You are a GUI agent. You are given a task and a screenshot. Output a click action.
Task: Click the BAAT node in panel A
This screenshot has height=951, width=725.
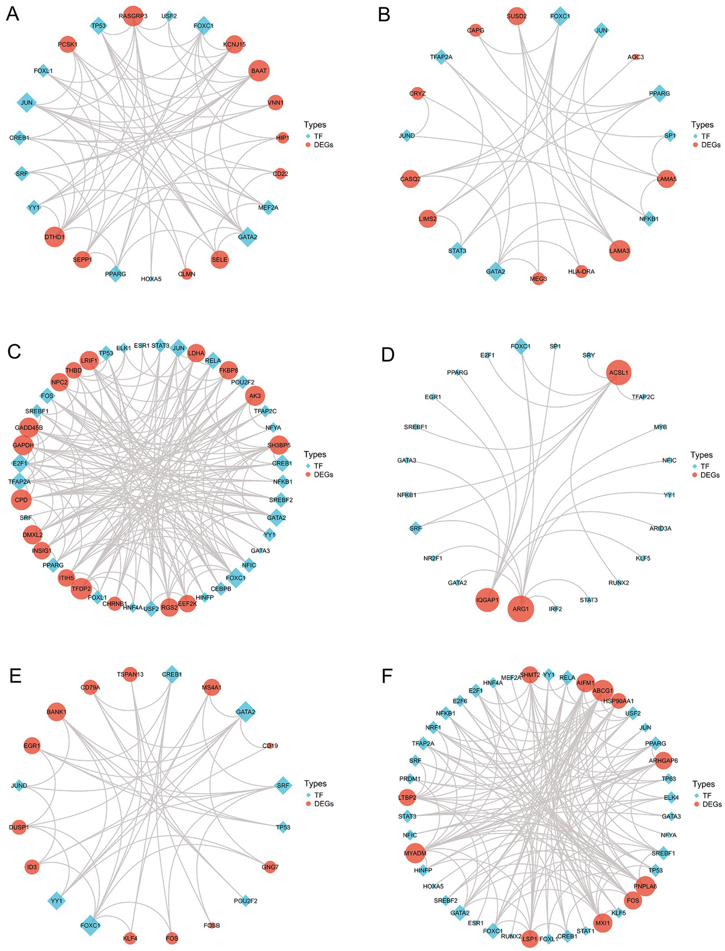[x=259, y=71]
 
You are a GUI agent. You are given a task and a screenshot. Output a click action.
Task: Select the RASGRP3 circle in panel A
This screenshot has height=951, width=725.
[x=133, y=16]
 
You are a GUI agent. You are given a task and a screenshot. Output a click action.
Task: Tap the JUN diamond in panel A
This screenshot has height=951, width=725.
[x=27, y=103]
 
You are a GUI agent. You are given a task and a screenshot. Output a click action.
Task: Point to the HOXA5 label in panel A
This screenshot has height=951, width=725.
[x=151, y=279]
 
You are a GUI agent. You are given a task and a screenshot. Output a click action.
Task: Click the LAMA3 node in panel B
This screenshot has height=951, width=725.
[x=619, y=251]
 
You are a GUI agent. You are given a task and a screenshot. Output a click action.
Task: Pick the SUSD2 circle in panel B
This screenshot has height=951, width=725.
[x=517, y=16]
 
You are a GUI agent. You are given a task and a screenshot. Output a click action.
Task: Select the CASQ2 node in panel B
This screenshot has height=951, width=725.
[x=410, y=179]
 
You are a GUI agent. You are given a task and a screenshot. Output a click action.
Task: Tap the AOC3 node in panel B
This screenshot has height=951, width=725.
[x=636, y=57]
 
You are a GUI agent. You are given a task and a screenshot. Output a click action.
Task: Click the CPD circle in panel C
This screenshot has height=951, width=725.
[x=21, y=500]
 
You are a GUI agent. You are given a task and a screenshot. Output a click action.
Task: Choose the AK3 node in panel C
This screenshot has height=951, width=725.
[x=255, y=396]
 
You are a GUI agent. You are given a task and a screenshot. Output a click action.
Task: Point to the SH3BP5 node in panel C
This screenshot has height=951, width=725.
[x=279, y=445]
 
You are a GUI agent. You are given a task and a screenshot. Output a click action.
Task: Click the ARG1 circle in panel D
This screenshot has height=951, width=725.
[x=521, y=609]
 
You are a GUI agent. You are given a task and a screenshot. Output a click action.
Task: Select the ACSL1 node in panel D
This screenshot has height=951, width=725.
[x=619, y=373]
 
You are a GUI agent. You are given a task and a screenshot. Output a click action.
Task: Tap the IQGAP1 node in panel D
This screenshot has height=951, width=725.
[x=487, y=600]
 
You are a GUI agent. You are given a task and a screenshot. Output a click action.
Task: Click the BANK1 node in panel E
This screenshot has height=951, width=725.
[x=56, y=712]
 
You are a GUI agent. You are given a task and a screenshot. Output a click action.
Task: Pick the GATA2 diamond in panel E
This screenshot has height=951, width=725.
[x=246, y=712]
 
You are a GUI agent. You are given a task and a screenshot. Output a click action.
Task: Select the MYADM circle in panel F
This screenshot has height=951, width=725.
[x=415, y=853]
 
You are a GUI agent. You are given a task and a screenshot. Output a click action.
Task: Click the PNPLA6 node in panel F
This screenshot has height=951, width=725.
[x=645, y=886]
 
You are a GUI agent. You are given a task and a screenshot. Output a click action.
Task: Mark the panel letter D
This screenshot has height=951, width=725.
[x=388, y=354]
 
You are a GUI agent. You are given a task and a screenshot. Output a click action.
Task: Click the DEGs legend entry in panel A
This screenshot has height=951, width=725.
[x=323, y=145]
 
